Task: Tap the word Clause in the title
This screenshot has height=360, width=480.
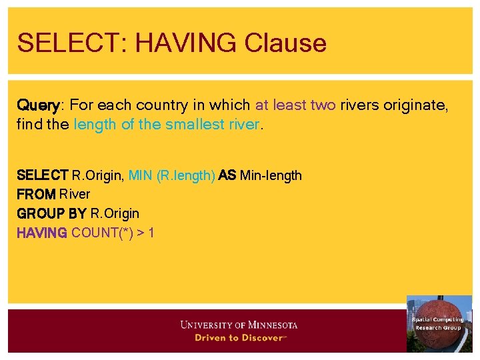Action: [285, 43]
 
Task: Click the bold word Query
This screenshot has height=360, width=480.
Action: [38, 105]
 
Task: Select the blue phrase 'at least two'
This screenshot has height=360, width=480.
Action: [295, 105]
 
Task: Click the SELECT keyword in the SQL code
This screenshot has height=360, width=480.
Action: [43, 175]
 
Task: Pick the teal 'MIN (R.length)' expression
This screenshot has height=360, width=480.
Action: [171, 175]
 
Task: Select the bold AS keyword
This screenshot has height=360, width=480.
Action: [227, 175]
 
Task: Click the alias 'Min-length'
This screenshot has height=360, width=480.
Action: [271, 175]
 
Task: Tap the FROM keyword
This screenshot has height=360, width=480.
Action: [36, 195]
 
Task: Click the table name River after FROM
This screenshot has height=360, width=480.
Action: [75, 195]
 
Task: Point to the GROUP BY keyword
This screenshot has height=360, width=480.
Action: [51, 213]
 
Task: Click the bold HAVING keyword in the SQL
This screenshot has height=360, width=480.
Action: [41, 233]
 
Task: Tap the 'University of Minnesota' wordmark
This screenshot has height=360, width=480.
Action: [239, 325]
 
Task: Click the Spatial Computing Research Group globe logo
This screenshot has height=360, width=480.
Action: [438, 323]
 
